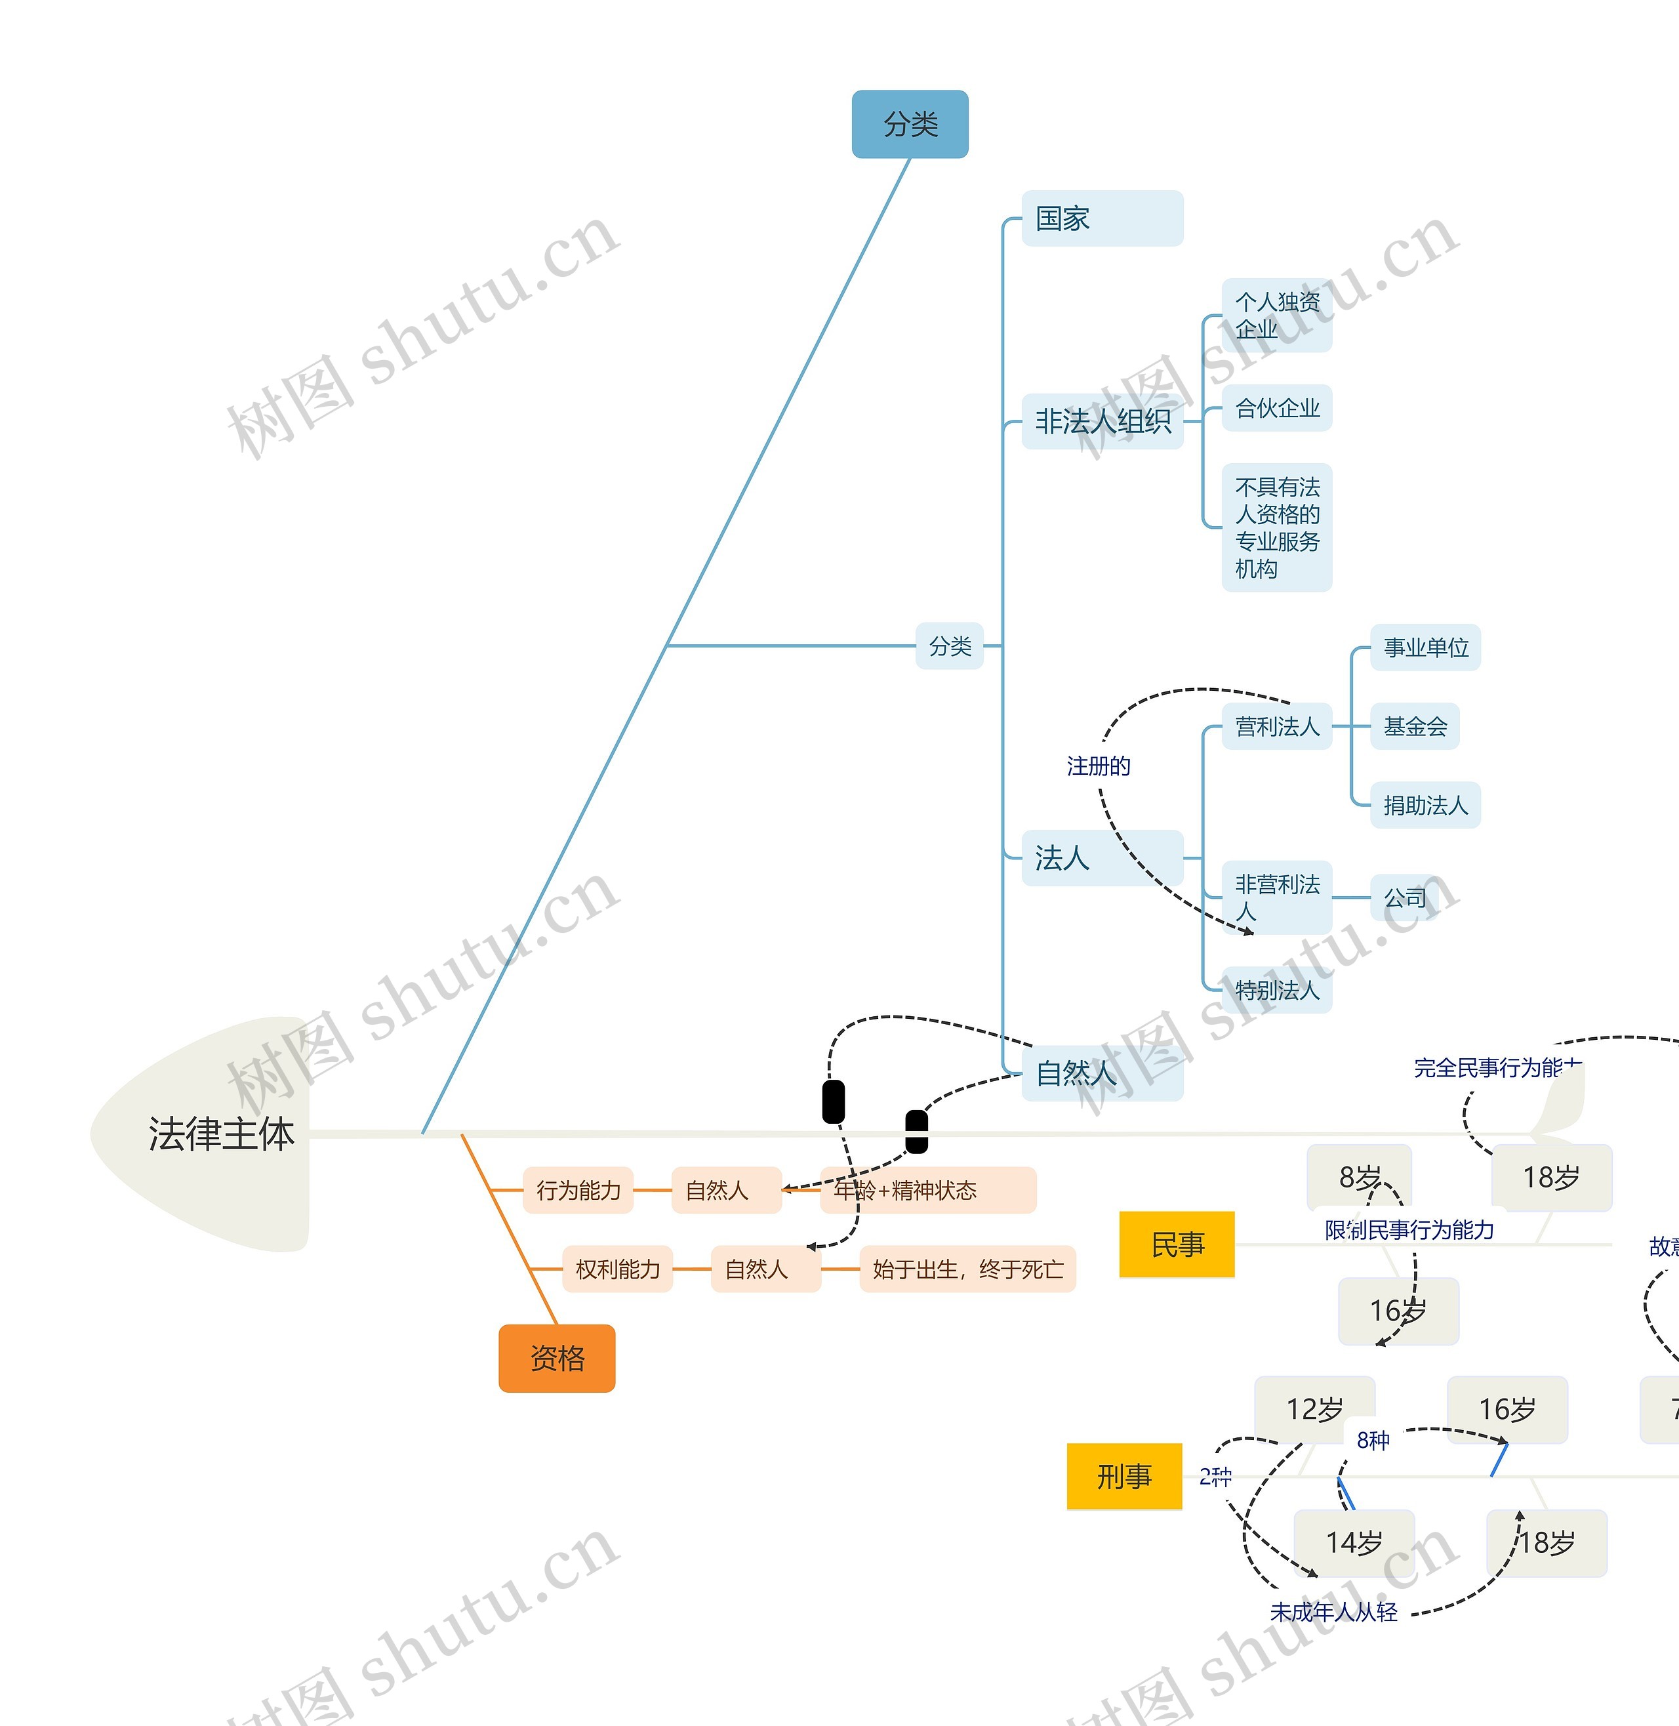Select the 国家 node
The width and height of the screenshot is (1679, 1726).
1101,218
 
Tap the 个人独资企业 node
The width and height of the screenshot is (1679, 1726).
1276,315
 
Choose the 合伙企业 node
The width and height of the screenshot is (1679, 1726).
1276,407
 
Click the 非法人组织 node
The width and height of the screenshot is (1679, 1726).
1101,422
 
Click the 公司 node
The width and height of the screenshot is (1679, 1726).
1404,898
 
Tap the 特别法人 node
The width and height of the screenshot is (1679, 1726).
1276,989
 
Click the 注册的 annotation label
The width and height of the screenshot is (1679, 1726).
1098,766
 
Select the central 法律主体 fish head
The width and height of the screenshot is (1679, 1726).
220,1134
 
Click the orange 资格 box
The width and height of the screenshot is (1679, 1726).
556,1358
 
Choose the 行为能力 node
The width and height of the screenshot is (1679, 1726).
578,1190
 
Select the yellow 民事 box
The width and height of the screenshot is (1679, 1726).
1177,1244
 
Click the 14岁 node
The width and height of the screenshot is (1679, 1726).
1354,1542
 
